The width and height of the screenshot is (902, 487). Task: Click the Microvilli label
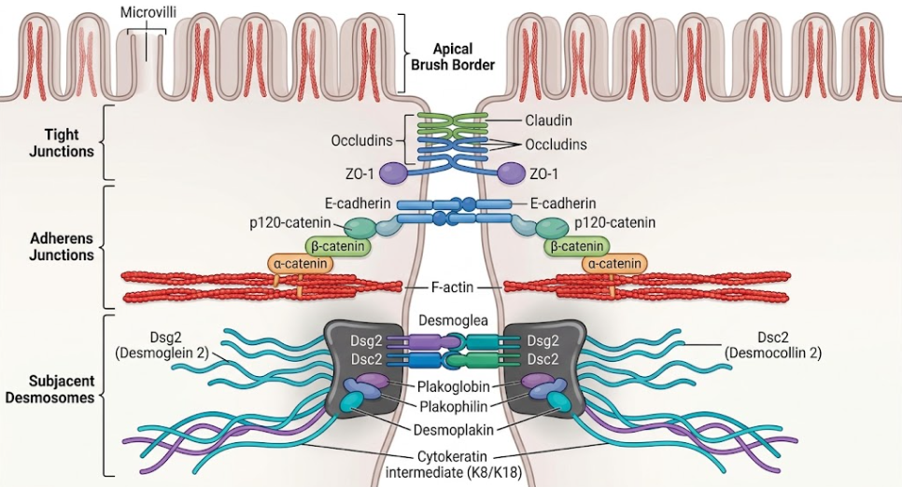pos(148,12)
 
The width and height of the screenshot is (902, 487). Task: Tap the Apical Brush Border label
pos(452,57)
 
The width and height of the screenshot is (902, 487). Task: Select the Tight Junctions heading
pos(62,143)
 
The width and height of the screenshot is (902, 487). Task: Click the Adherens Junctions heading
pos(62,246)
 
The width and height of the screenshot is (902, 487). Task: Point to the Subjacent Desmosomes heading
pos(62,389)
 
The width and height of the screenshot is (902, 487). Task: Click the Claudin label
pos(548,120)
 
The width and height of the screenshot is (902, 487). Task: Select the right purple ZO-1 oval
pos(511,174)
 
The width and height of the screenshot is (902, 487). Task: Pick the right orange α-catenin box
pos(614,264)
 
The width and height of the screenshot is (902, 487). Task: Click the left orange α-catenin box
pos(301,264)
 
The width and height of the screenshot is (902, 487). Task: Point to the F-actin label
pos(452,286)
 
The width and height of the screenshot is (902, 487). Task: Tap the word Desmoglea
pos(453,320)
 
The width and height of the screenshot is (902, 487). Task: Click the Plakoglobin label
pos(454,387)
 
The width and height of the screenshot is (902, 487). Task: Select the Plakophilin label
pos(454,407)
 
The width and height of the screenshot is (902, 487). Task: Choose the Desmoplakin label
pos(453,429)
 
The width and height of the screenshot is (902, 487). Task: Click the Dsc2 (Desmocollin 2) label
pos(773,345)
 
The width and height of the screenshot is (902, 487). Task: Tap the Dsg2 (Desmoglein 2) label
pos(162,345)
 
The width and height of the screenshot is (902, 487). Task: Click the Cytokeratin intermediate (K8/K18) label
pos(453,465)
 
